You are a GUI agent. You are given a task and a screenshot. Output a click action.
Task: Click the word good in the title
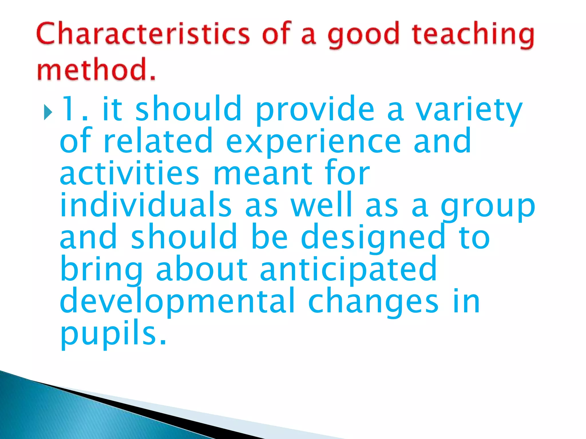pos(363,36)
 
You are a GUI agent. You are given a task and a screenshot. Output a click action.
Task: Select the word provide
pos(315,110)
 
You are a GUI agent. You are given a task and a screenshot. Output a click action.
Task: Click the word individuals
pos(146,205)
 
